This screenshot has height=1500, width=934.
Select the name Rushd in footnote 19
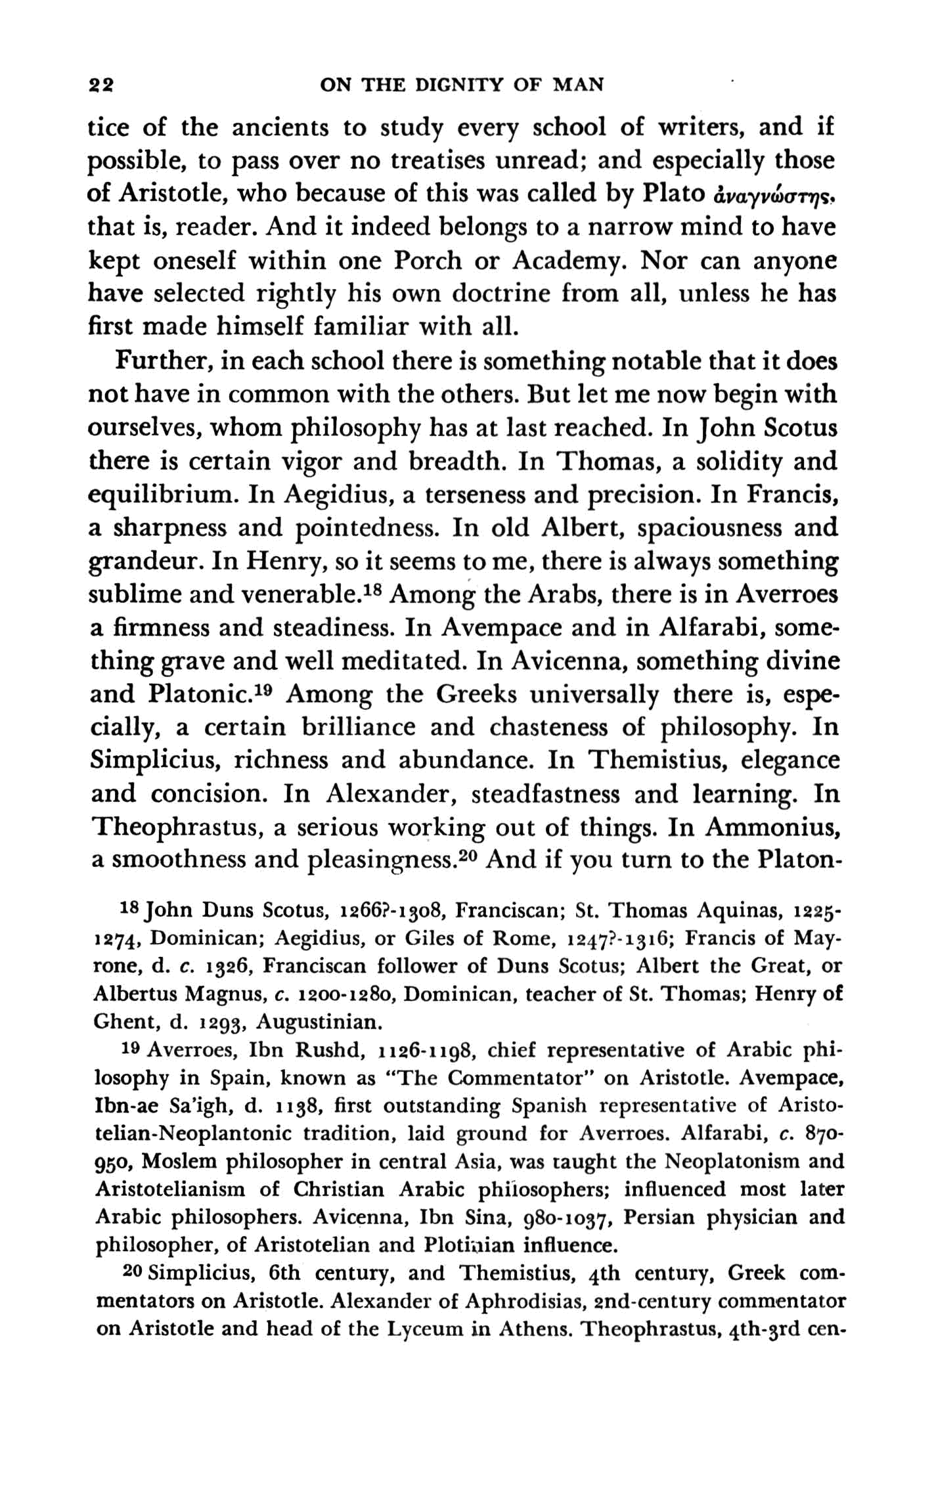point(330,1051)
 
